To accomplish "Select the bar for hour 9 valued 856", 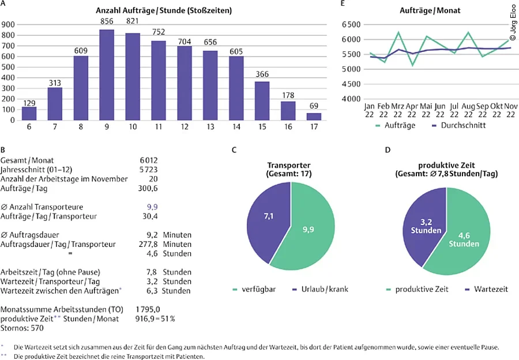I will click(x=106, y=75).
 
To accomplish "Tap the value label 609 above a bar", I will click(x=81, y=50).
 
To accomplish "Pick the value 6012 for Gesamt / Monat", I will click(x=148, y=160).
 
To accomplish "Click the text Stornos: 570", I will click(x=21, y=328).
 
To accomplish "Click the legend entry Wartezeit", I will click(x=491, y=288).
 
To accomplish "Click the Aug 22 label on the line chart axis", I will click(x=468, y=111).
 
